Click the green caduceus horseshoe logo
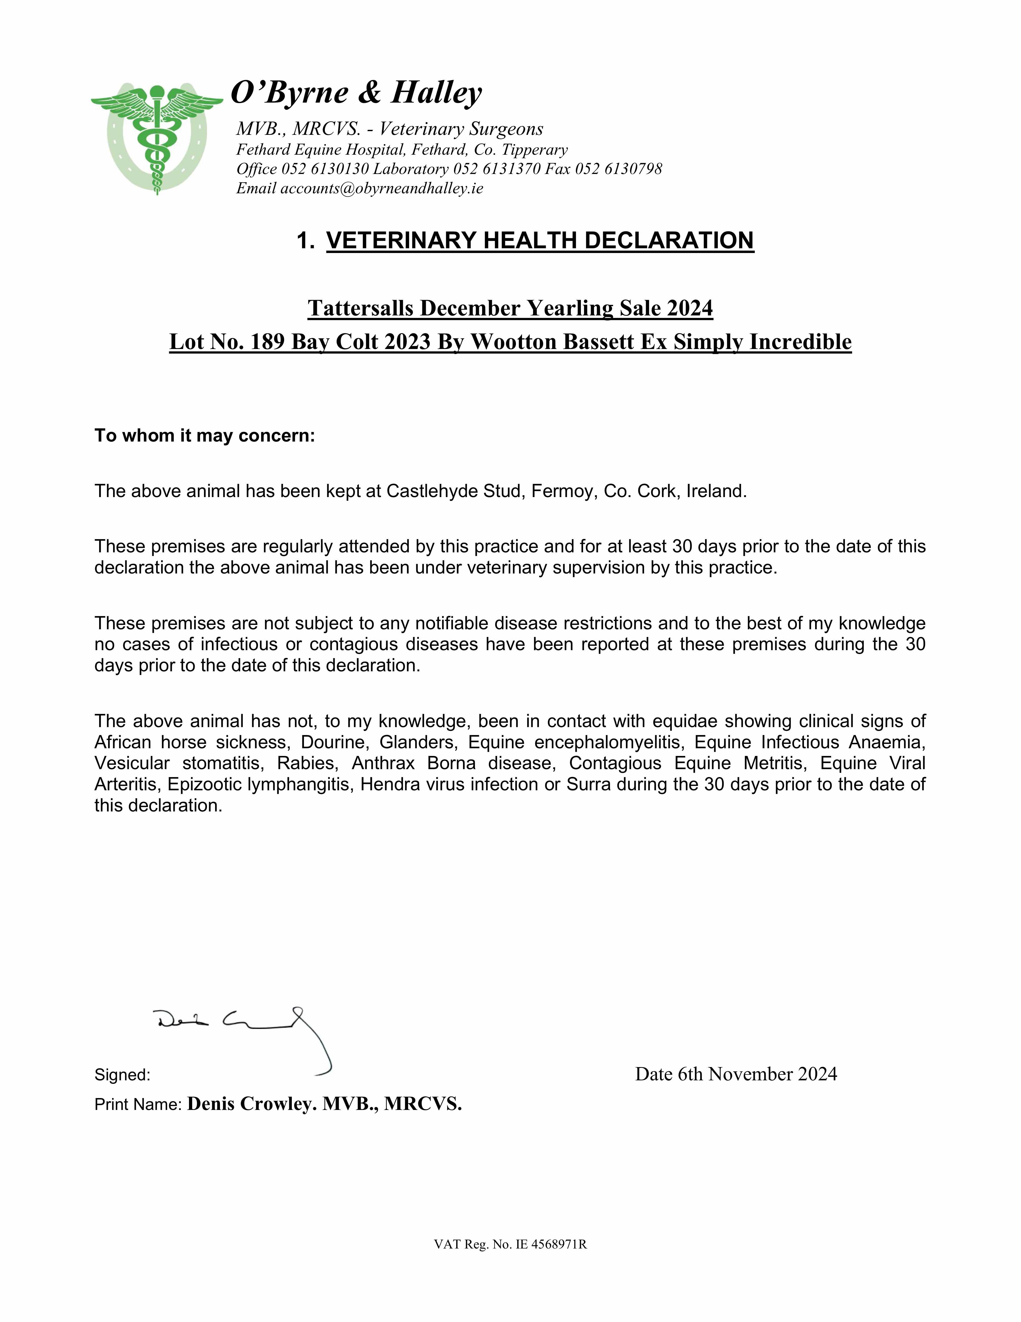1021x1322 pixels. click(x=157, y=138)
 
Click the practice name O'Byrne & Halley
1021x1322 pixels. click(x=357, y=93)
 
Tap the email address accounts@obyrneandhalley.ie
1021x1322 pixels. click(x=382, y=188)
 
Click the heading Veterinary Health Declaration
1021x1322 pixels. click(x=540, y=240)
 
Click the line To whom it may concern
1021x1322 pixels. click(x=205, y=436)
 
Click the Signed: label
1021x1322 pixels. click(x=122, y=1075)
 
